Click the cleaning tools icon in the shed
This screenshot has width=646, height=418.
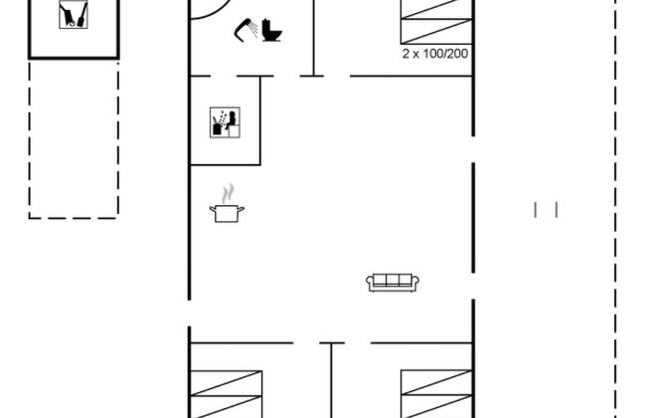tap(73, 15)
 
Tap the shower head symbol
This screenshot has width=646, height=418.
tap(245, 30)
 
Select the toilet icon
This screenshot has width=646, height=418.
tap(272, 30)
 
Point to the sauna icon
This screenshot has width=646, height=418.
tap(225, 122)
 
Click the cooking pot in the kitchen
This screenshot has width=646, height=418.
tap(227, 213)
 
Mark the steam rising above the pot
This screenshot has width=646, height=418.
tap(228, 193)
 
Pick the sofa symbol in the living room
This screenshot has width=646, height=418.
tap(393, 283)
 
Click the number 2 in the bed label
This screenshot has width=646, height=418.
tap(405, 54)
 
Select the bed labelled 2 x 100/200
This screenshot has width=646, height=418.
tap(436, 22)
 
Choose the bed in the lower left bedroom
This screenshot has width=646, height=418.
tap(226, 394)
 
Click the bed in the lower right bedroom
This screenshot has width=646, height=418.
tap(436, 394)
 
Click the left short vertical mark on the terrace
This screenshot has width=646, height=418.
tap(535, 210)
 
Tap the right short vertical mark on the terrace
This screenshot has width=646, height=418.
tap(557, 210)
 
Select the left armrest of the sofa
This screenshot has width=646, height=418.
tap(370, 282)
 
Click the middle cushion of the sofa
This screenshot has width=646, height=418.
tap(393, 280)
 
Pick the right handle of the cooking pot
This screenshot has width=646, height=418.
tap(242, 209)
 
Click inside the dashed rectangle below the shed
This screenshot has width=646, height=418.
tap(74, 139)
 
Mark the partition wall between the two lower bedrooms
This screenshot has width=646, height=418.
tap(331, 380)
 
